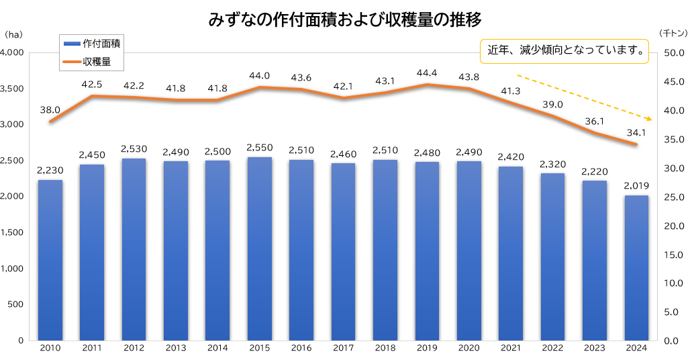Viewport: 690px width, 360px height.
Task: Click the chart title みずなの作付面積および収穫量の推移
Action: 345,19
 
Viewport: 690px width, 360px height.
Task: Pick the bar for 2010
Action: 50,260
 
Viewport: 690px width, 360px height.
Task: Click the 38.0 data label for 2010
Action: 50,109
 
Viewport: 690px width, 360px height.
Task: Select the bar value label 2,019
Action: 636,185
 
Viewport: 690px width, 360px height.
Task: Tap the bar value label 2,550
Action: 259,147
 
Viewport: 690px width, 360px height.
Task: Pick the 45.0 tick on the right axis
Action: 673,81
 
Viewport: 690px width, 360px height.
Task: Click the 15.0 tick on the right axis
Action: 673,255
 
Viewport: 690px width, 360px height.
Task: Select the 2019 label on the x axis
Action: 427,348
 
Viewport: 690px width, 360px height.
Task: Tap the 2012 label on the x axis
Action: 134,348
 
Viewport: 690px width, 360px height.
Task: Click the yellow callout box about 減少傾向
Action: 564,50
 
